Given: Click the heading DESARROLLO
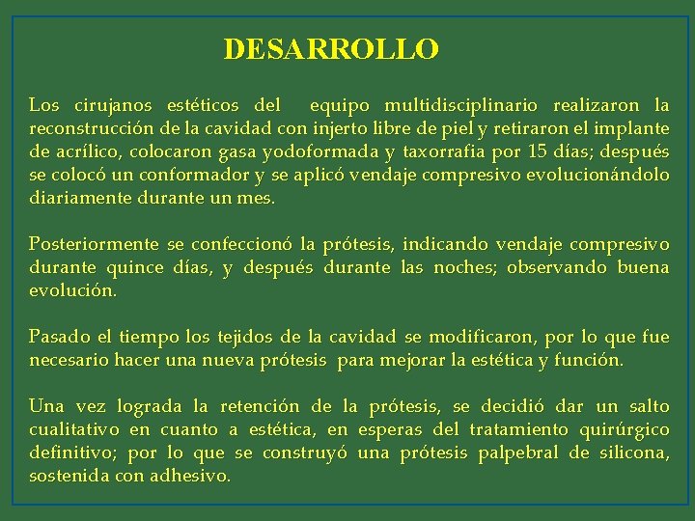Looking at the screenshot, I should [331, 48].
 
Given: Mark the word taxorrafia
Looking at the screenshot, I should [446, 151].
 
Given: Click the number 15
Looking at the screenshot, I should [539, 151].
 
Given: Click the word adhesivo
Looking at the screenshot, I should [190, 476].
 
